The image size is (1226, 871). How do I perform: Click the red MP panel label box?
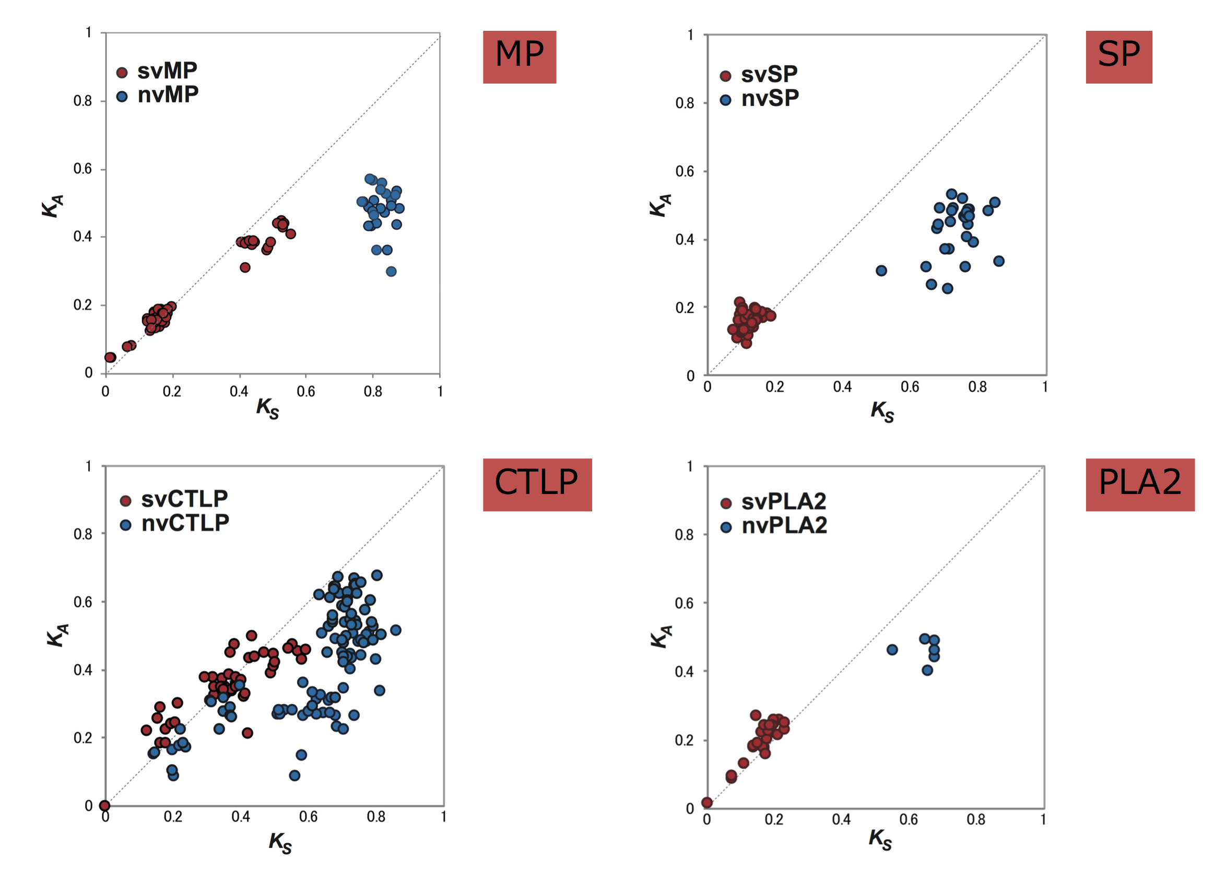519,57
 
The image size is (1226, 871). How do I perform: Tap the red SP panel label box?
1118,57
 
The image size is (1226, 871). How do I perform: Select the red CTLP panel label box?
537,484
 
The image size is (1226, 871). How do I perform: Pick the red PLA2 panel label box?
1140,484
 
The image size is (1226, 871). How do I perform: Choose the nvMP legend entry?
158,96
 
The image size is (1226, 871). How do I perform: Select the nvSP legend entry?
759,99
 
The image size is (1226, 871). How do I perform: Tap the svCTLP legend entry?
174,500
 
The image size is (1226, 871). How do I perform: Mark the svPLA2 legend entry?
773,502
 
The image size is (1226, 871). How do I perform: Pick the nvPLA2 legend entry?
774,527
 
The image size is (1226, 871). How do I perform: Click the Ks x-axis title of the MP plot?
267,409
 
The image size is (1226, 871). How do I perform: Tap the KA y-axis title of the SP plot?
660,205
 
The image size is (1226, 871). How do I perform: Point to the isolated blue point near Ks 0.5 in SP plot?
881,271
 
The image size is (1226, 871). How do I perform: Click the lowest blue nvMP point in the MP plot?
392,272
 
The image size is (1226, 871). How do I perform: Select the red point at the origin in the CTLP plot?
104,806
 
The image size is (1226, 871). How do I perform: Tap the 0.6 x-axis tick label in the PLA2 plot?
909,819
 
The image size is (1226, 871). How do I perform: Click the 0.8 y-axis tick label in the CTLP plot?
82,534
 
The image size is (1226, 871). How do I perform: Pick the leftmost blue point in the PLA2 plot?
892,650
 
